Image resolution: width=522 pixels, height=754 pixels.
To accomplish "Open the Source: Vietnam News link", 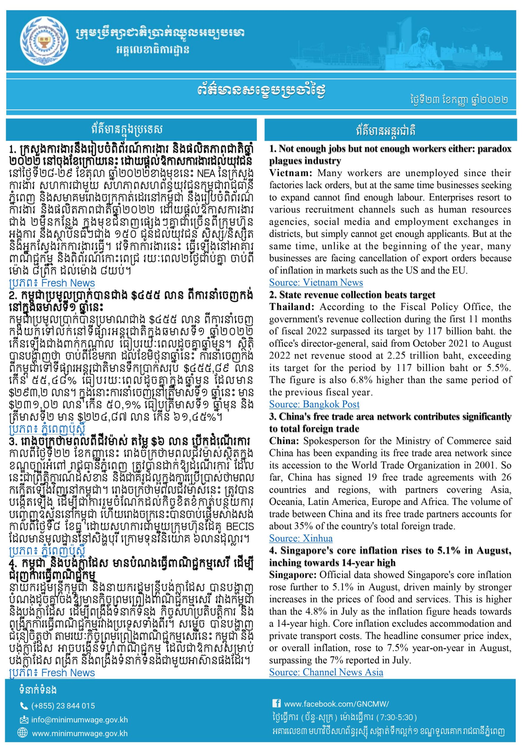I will pyautogui.click(x=316, y=282).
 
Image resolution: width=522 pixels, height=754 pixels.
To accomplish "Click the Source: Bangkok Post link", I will pyautogui.click(x=314, y=404).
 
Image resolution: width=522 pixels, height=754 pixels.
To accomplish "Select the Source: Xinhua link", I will pyautogui.click(x=300, y=538).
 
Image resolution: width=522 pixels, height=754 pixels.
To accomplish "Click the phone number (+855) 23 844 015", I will pyautogui.click(x=63, y=706).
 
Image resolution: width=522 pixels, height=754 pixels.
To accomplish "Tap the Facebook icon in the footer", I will pyautogui.click(x=276, y=702).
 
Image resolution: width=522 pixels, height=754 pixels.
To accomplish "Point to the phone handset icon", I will pyautogui.click(x=24, y=706).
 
